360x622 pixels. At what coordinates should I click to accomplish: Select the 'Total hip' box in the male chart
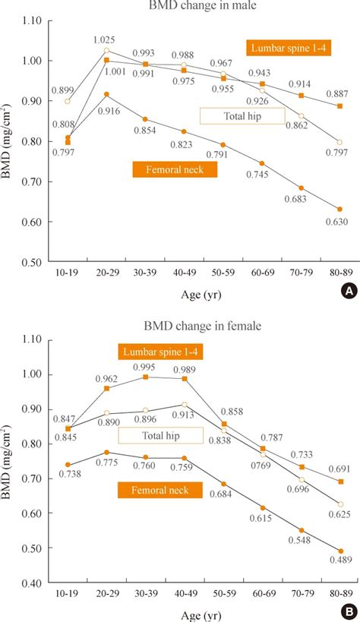pyautogui.click(x=242, y=115)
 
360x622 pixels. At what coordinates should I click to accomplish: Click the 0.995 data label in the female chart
pyautogui.click(x=147, y=367)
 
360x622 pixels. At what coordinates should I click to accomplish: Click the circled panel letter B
pyautogui.click(x=346, y=611)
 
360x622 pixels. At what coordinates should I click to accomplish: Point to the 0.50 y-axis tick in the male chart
pyautogui.click(x=30, y=262)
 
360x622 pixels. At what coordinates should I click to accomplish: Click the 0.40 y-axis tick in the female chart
pyautogui.click(x=30, y=583)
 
